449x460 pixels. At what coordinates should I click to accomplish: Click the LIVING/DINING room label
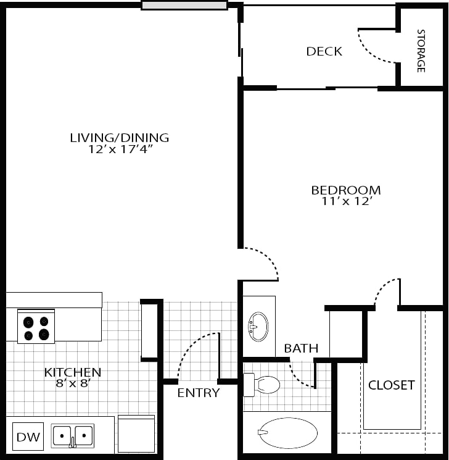[119, 137]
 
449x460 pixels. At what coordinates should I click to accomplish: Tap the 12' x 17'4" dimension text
[119, 149]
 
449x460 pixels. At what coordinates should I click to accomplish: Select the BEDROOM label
[345, 190]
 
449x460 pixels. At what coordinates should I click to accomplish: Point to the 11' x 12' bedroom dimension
[345, 201]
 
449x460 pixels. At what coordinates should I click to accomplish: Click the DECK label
[324, 51]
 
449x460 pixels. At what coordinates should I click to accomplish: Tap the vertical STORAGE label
[421, 51]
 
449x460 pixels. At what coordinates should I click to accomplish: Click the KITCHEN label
[72, 372]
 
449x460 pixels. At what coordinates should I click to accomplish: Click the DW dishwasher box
[27, 438]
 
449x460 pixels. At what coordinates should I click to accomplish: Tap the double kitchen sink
[72, 436]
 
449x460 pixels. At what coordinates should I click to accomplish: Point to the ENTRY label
[198, 393]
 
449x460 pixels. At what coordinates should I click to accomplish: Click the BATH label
[301, 349]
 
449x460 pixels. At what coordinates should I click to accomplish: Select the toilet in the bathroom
[262, 385]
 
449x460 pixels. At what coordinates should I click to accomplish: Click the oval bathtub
[287, 432]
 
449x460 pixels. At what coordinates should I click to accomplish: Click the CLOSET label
[391, 385]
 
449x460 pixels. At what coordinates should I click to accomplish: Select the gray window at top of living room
[184, 6]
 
